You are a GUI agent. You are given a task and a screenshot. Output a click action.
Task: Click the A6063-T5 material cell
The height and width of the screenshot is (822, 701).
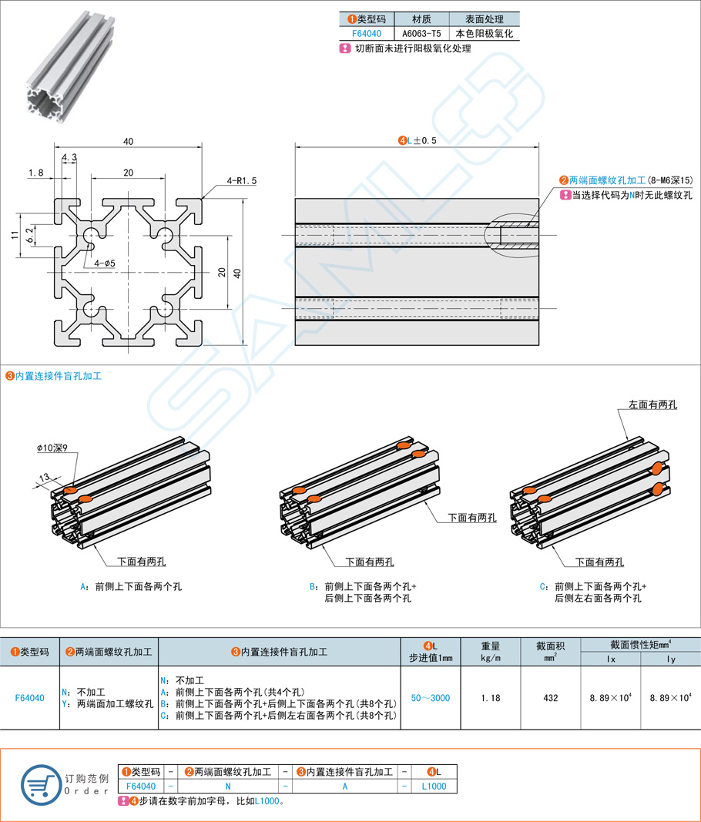click(x=421, y=33)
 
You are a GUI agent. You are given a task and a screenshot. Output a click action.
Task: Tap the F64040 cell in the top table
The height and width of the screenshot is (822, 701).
click(x=367, y=33)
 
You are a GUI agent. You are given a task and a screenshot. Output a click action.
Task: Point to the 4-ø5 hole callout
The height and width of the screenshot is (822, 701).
click(x=105, y=263)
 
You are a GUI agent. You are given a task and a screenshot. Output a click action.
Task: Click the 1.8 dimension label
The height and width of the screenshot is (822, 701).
click(x=35, y=173)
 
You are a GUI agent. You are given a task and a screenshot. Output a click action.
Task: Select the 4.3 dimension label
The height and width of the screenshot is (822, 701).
click(x=69, y=157)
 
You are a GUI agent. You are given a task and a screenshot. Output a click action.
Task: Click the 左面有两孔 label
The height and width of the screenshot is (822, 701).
click(x=652, y=404)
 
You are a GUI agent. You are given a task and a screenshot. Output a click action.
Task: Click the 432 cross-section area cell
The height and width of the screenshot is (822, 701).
click(x=551, y=698)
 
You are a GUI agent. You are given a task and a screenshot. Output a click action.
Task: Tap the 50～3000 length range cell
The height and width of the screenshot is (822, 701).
click(x=430, y=698)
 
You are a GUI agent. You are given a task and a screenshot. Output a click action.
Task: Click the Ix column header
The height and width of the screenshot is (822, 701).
click(x=611, y=659)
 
